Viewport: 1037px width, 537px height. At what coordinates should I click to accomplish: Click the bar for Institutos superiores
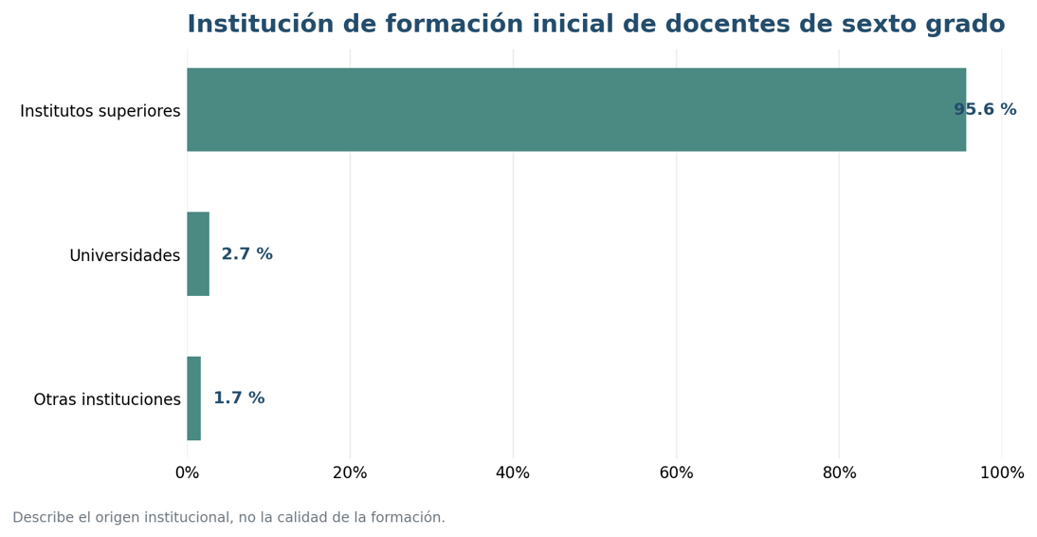(576, 109)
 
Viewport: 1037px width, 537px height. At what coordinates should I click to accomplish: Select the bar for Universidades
(198, 253)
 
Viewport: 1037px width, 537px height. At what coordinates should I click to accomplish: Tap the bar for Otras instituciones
(193, 398)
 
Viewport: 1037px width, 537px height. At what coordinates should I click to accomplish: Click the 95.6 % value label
(985, 109)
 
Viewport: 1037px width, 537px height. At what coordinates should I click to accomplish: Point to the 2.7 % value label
(246, 253)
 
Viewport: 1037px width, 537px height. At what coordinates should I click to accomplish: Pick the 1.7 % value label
(239, 398)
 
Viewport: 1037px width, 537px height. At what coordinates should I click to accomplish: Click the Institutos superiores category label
(100, 111)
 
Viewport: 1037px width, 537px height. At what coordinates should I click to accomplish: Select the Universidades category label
(125, 255)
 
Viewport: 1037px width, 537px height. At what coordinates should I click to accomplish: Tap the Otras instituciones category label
(107, 399)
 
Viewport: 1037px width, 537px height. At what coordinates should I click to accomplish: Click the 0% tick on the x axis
(187, 472)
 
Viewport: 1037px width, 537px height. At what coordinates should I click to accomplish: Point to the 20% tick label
(350, 472)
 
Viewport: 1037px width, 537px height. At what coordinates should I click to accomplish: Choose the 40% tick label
(513, 472)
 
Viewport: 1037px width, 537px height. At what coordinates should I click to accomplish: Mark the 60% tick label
(676, 472)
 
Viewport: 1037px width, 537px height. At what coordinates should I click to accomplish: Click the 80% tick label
(839, 472)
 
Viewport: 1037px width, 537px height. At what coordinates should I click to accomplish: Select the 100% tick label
(1002, 472)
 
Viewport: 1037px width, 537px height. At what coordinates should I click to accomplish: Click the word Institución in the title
(261, 24)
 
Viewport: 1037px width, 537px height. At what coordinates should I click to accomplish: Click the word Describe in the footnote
(43, 517)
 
